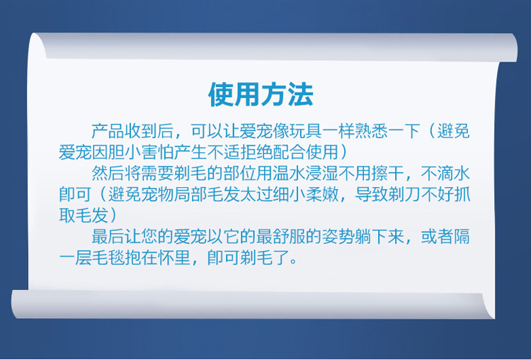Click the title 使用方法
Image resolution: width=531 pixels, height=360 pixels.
coord(261,94)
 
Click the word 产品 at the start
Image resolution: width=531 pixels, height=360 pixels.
coord(108,131)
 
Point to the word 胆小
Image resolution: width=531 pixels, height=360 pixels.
coord(125,152)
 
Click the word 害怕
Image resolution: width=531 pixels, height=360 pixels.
coord(157,152)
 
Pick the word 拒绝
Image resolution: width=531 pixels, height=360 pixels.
coord(256,152)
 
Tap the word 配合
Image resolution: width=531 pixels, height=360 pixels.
coord(289,152)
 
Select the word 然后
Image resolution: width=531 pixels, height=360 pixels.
coord(108,173)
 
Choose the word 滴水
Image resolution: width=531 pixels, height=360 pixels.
coord(454,173)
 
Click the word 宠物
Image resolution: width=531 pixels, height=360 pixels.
coord(157,194)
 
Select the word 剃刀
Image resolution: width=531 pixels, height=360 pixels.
coord(405,194)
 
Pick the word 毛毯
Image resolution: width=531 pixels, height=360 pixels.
coord(108,258)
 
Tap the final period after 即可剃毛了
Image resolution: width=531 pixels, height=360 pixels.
coord(293,262)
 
